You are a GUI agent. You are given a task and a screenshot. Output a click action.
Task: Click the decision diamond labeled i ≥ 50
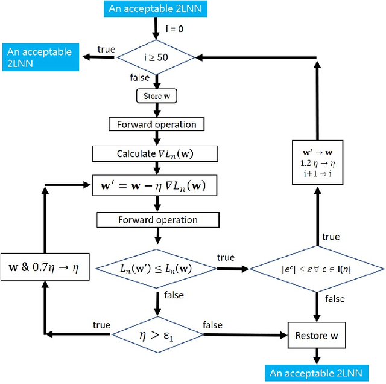pos(157,57)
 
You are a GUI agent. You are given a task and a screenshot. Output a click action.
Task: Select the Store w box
pos(157,96)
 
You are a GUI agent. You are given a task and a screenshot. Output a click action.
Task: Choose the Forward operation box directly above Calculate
pos(157,124)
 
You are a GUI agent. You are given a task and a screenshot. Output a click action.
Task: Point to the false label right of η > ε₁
pos(212,324)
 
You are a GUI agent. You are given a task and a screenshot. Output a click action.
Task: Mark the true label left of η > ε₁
pos(101,325)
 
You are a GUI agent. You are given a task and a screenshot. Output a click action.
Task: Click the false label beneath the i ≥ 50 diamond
pos(141,78)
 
